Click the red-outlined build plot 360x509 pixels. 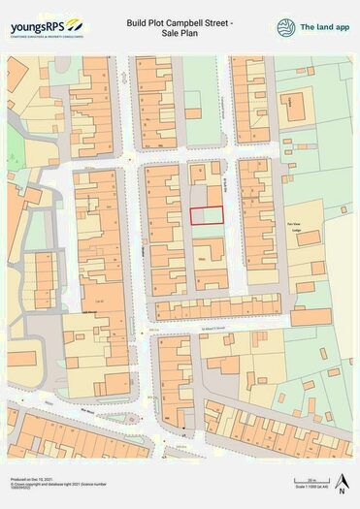tap(205, 216)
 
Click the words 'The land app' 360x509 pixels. tap(326, 27)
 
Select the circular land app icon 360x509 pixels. tap(286, 27)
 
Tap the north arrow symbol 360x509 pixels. tap(342, 479)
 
